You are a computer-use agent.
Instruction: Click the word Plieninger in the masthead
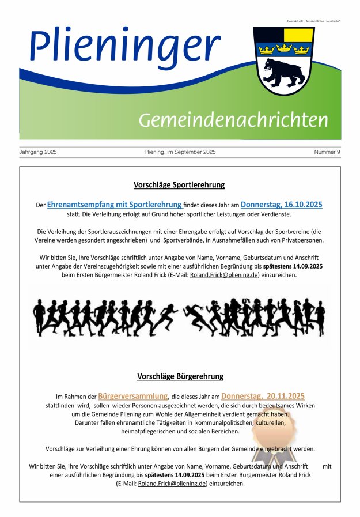tap(124, 46)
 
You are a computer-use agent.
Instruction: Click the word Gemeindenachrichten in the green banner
tap(233, 120)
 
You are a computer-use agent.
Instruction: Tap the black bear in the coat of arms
tap(282, 70)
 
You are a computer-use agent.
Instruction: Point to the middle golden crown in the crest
tap(283, 49)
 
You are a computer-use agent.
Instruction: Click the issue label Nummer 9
tap(327, 152)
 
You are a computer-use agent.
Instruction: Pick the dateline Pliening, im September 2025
tap(180, 152)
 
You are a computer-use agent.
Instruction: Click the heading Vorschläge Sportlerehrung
tap(179, 185)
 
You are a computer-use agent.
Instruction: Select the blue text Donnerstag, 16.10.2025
tap(282, 205)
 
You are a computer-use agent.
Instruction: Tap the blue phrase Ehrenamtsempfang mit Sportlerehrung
tap(115, 205)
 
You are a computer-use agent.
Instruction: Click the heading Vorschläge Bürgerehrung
tap(180, 376)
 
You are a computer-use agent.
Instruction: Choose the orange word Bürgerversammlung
tap(133, 397)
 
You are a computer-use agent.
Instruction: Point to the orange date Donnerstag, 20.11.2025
tap(263, 397)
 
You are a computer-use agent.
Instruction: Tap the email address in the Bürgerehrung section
tap(172, 484)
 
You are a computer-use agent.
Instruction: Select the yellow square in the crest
tap(298, 35)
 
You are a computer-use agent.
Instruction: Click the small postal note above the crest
tap(314, 21)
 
